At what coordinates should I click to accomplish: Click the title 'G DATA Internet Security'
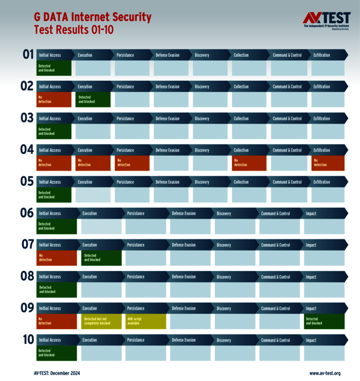pyautogui.click(x=92, y=18)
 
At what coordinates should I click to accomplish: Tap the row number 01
pyautogui.click(x=28, y=55)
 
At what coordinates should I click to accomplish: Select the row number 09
pyautogui.click(x=27, y=308)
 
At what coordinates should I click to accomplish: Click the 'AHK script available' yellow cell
pyautogui.click(x=146, y=322)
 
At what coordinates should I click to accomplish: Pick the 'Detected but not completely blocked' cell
pyautogui.click(x=101, y=322)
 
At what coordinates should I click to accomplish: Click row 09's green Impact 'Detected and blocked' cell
pyautogui.click(x=325, y=322)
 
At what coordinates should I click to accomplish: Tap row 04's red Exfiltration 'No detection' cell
pyautogui.click(x=328, y=163)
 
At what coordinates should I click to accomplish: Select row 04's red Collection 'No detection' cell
pyautogui.click(x=249, y=163)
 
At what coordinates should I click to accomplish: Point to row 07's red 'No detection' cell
pyautogui.click(x=57, y=258)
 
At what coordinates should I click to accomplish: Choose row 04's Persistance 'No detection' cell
pyautogui.click(x=131, y=163)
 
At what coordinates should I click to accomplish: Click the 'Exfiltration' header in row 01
pyautogui.click(x=322, y=55)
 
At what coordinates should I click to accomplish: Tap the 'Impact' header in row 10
pyautogui.click(x=311, y=340)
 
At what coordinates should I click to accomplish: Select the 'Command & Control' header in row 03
pyautogui.click(x=287, y=118)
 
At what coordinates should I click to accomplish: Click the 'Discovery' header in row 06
pyautogui.click(x=224, y=214)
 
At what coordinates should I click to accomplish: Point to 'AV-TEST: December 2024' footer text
pyautogui.click(x=57, y=373)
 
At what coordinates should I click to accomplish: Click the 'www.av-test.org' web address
pyautogui.click(x=325, y=373)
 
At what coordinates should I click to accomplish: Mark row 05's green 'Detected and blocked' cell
pyautogui.click(x=53, y=195)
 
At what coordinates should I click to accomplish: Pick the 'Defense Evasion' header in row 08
pyautogui.click(x=184, y=277)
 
